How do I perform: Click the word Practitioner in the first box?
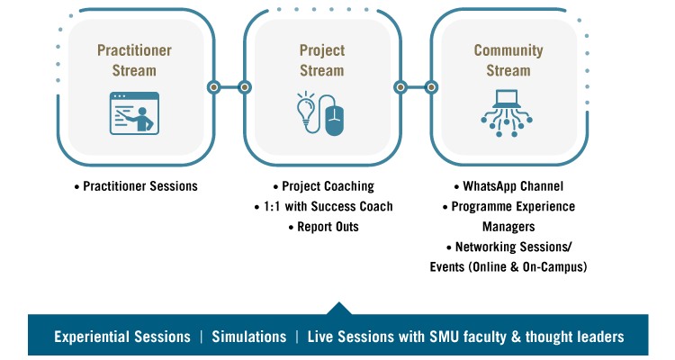point(134,50)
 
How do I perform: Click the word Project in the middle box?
point(322,50)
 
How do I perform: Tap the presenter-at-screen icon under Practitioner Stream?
point(134,113)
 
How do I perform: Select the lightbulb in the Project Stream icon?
point(305,112)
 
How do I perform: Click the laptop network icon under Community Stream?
point(508,112)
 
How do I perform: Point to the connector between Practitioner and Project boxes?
point(229,87)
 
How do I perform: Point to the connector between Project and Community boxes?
point(415,87)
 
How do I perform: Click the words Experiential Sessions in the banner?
point(122,337)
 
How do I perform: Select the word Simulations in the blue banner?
point(248,337)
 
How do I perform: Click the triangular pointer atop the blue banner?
point(338,309)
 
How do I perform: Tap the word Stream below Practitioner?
point(134,70)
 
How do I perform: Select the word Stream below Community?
point(508,70)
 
